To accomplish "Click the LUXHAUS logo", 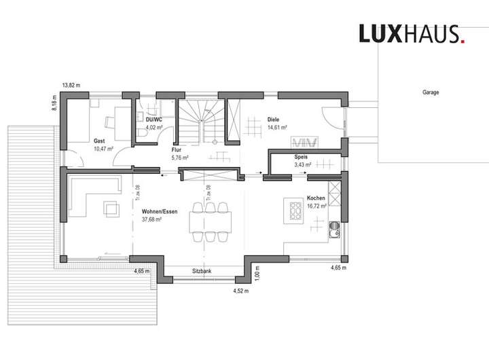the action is [412, 33].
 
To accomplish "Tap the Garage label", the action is [431, 92].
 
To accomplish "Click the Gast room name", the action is [98, 141].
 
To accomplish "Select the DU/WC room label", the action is [153, 120].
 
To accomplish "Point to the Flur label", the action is [175, 151].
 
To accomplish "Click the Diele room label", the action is [273, 120].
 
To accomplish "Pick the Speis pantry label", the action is [301, 157].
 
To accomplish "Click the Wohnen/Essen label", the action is [160, 212].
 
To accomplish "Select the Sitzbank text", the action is [202, 271].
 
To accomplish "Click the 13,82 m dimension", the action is [71, 86].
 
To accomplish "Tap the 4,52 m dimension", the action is [242, 291].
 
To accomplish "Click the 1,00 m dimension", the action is [258, 273].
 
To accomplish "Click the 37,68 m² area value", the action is [151, 219].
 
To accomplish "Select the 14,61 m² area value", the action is [277, 127].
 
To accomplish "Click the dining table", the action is [211, 221].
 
